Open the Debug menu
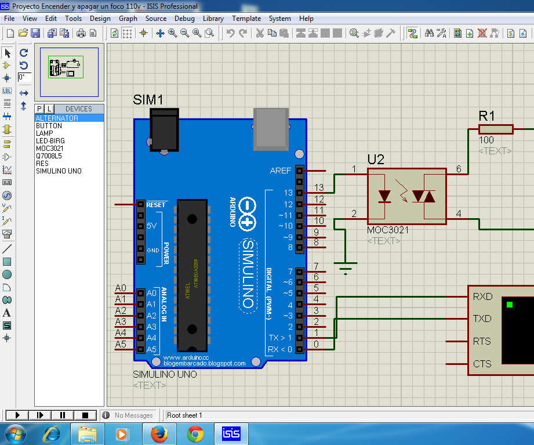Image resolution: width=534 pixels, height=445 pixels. pyautogui.click(x=184, y=18)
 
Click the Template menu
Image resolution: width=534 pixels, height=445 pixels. pyautogui.click(x=246, y=18)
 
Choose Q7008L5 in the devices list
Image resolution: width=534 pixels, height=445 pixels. pyautogui.click(x=49, y=156)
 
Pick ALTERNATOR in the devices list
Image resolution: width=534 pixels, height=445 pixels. pyautogui.click(x=57, y=118)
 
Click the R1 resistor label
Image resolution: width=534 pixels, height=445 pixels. pyautogui.click(x=487, y=115)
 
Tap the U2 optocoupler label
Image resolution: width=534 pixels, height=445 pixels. pyautogui.click(x=376, y=160)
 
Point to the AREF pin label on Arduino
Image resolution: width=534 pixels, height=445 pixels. pyautogui.click(x=281, y=171)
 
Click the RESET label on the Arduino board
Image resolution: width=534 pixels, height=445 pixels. pyautogui.click(x=156, y=205)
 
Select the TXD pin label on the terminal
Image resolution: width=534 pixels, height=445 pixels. pyautogui.click(x=482, y=319)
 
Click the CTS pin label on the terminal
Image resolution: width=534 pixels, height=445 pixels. pyautogui.click(x=482, y=364)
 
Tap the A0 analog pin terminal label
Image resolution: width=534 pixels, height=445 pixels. pyautogui.click(x=121, y=288)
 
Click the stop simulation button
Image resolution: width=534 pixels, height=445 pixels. pyautogui.click(x=85, y=415)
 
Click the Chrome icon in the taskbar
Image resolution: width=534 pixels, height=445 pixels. pyautogui.click(x=195, y=433)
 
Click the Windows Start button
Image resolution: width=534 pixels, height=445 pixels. pyautogui.click(x=14, y=433)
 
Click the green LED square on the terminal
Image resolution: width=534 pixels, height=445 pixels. pyautogui.click(x=510, y=305)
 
